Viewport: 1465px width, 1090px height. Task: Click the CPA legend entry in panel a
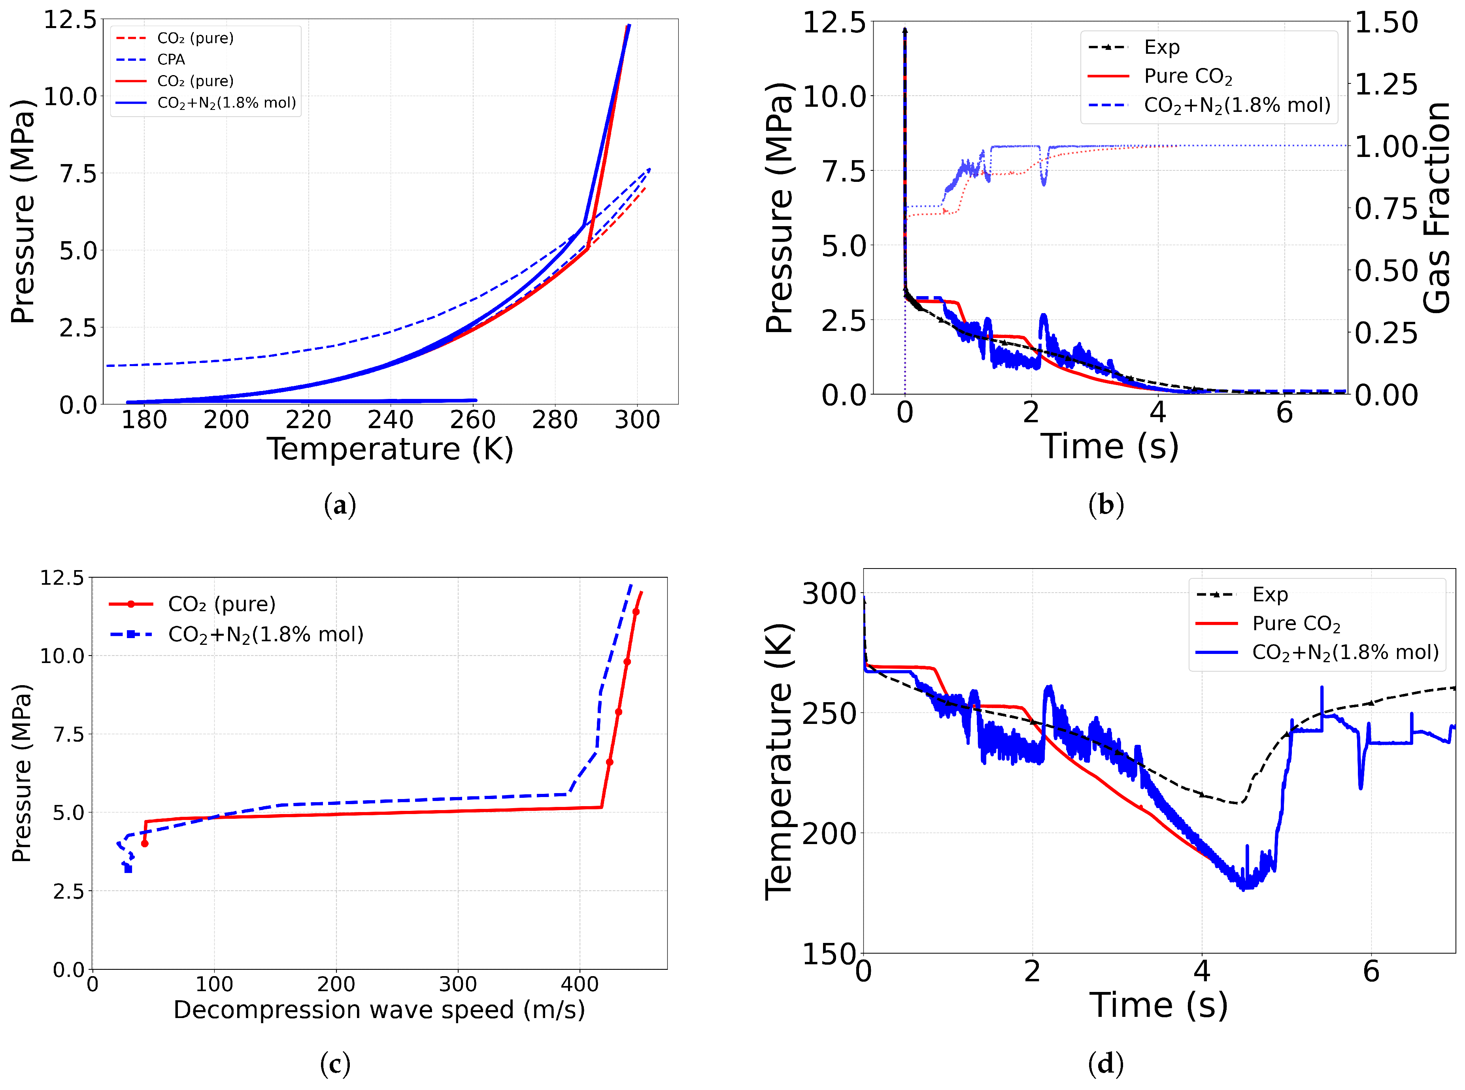(x=171, y=59)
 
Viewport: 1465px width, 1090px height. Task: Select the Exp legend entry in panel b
(x=1161, y=47)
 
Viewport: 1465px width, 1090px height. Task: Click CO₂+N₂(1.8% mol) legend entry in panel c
(x=265, y=634)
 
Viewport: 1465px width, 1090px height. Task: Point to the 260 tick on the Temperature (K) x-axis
(x=472, y=419)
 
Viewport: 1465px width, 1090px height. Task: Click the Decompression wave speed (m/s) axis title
(x=379, y=1009)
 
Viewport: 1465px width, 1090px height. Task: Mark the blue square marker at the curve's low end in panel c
(x=128, y=869)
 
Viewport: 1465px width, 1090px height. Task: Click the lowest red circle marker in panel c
(x=144, y=843)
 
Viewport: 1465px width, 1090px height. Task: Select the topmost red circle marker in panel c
(x=636, y=612)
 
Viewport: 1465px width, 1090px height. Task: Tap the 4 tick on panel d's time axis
(x=1202, y=971)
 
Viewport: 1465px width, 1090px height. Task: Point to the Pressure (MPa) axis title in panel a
(x=23, y=211)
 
